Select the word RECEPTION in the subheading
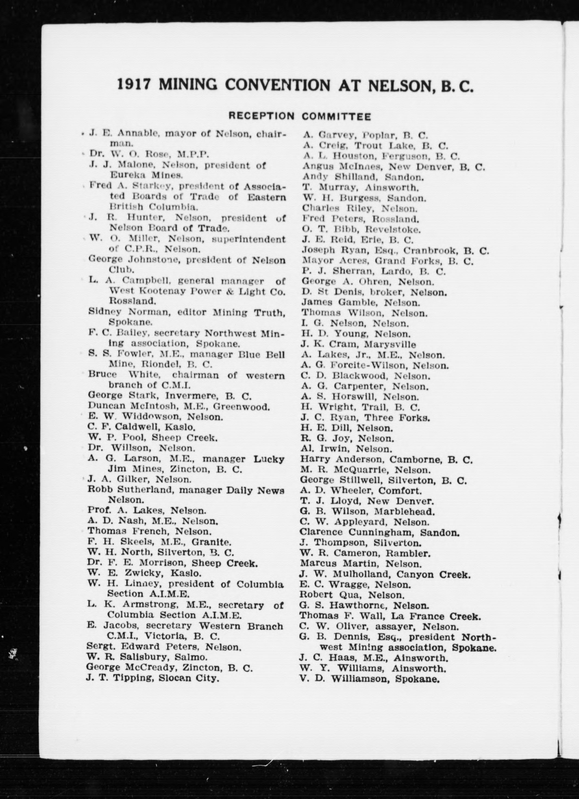coord(261,116)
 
